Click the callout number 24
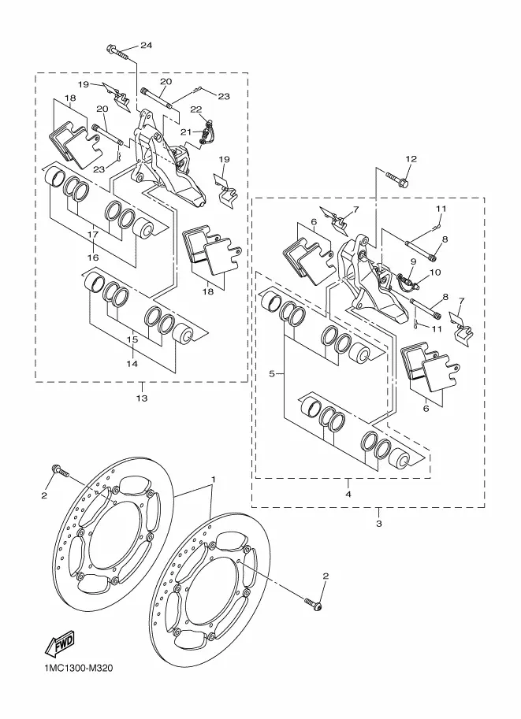146,45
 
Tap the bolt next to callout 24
118,52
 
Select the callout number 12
411,158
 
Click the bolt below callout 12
396,180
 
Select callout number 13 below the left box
142,398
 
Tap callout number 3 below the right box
378,523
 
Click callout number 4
348,494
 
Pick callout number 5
272,374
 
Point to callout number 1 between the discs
213,479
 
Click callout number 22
196,109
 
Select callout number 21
185,132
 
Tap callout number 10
435,272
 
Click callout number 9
413,261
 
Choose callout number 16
93,258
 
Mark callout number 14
132,364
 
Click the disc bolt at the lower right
313,604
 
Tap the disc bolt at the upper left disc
60,471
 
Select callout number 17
93,235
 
